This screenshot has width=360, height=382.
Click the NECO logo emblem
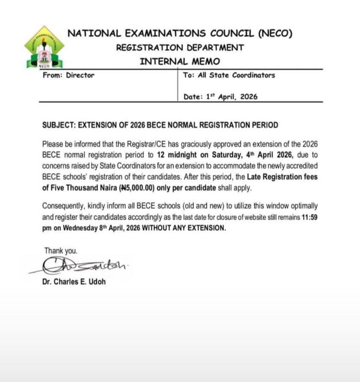point(44,47)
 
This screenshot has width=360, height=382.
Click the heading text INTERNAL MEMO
point(180,61)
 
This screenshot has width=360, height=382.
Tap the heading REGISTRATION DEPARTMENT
point(180,48)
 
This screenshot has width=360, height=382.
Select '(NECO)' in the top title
point(275,34)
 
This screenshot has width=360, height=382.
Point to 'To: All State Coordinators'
point(229,75)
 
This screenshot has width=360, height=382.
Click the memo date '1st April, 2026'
point(232,97)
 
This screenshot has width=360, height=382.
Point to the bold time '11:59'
point(310,217)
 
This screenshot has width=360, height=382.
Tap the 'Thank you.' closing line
point(61,251)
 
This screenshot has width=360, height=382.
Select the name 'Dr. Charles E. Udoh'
point(74,282)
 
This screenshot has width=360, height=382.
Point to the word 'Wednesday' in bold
point(78,228)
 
